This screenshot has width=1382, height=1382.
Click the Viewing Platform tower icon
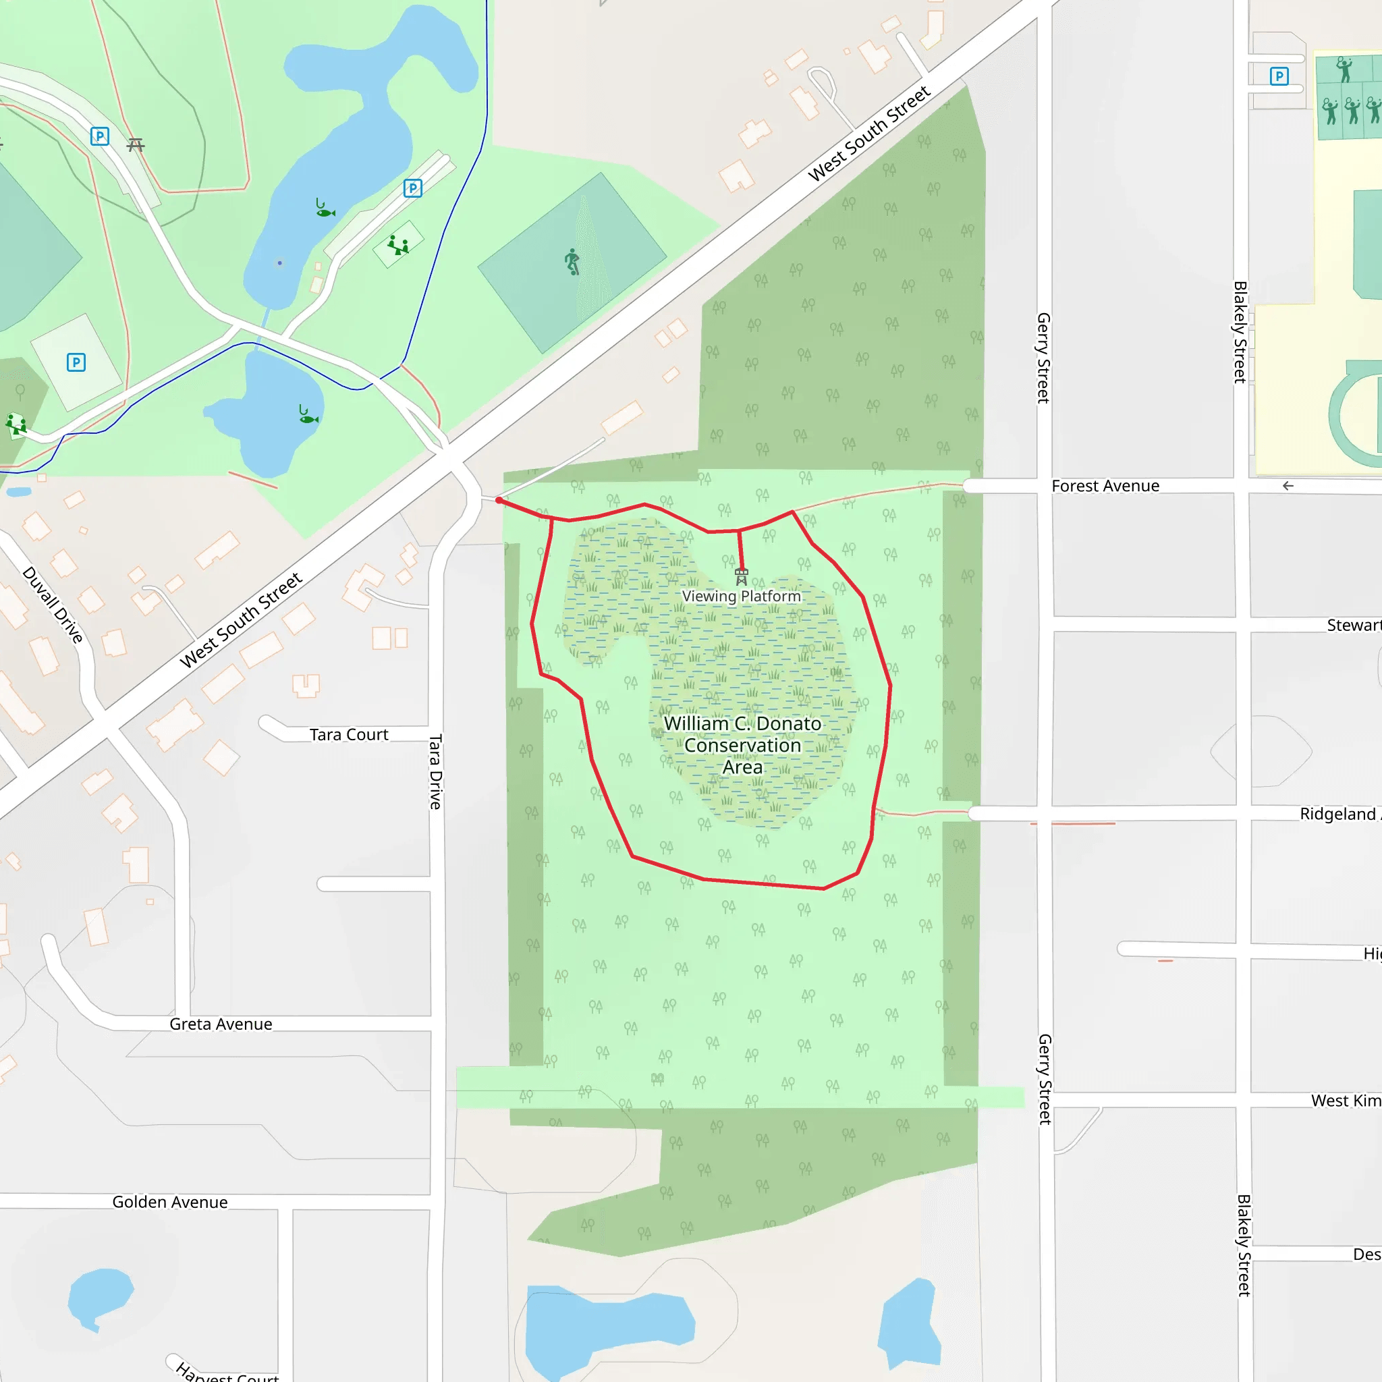(742, 576)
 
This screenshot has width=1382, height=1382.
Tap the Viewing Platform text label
(741, 597)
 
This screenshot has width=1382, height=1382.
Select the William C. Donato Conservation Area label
(742, 746)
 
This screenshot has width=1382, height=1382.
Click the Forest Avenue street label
(1105, 487)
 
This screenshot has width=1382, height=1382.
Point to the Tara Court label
(348, 735)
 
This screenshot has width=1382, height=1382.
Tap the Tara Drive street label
(436, 771)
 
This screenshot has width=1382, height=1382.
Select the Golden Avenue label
(169, 1203)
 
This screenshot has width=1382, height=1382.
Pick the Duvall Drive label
(53, 605)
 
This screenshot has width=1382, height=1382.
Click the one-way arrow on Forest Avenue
(1288, 487)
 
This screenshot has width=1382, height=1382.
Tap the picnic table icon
(136, 145)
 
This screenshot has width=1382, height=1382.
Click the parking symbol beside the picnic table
(100, 136)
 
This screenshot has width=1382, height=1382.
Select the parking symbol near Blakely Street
(1279, 76)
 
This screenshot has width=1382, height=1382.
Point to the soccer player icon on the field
(572, 262)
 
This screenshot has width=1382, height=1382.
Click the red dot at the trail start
(499, 501)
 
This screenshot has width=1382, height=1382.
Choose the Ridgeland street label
(1337, 814)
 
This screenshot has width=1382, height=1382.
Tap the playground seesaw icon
(397, 246)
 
